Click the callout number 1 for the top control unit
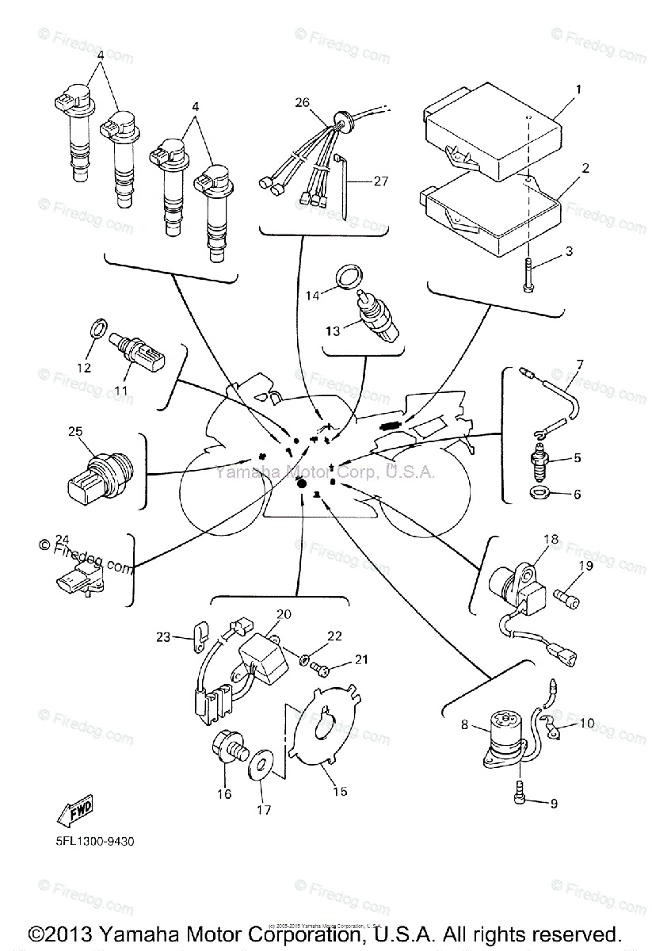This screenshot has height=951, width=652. [x=578, y=90]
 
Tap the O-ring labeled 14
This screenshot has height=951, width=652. [x=349, y=277]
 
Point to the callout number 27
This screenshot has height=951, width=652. [x=380, y=181]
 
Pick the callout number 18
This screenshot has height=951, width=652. [x=551, y=540]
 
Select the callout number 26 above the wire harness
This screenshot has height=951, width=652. [x=300, y=102]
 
